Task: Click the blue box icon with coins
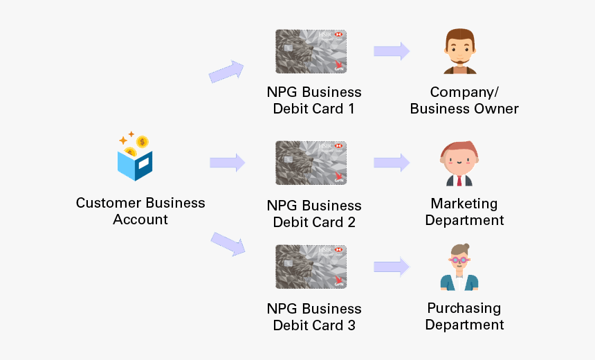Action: [136, 156]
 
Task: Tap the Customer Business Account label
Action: [140, 211]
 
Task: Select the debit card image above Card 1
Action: [311, 51]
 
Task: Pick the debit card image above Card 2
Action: [311, 163]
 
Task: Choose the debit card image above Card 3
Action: [311, 267]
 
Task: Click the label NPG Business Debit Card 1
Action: [314, 100]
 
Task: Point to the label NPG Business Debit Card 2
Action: [314, 214]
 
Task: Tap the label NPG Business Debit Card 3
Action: [314, 317]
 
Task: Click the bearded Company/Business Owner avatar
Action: [460, 52]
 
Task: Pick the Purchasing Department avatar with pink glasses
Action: [459, 267]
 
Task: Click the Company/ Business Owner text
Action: [464, 100]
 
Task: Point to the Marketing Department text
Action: [464, 212]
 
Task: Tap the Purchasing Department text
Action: [464, 316]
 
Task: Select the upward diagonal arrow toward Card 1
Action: [227, 71]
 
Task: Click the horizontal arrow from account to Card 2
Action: [228, 163]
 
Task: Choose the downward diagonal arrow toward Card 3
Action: [228, 244]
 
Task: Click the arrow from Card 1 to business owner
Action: [392, 51]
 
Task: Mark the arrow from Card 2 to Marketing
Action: [392, 163]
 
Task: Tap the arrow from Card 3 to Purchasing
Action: [392, 267]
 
